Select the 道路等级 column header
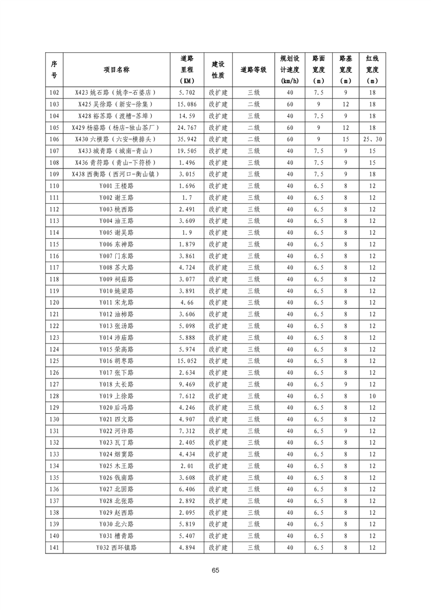[x=253, y=70]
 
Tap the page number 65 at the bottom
[x=216, y=570]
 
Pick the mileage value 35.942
[x=186, y=139]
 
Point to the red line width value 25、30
[x=372, y=139]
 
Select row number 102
[x=54, y=92]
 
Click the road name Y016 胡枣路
[x=116, y=361]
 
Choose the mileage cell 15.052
[x=186, y=361]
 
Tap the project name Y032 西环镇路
[x=116, y=547]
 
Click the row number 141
[x=54, y=547]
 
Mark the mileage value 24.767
[x=186, y=128]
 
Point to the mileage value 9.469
[x=186, y=384]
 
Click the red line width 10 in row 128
[x=372, y=396]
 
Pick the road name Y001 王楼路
[x=116, y=186]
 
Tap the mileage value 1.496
[x=186, y=163]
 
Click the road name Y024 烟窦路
[x=116, y=455]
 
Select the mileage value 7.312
[x=186, y=431]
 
